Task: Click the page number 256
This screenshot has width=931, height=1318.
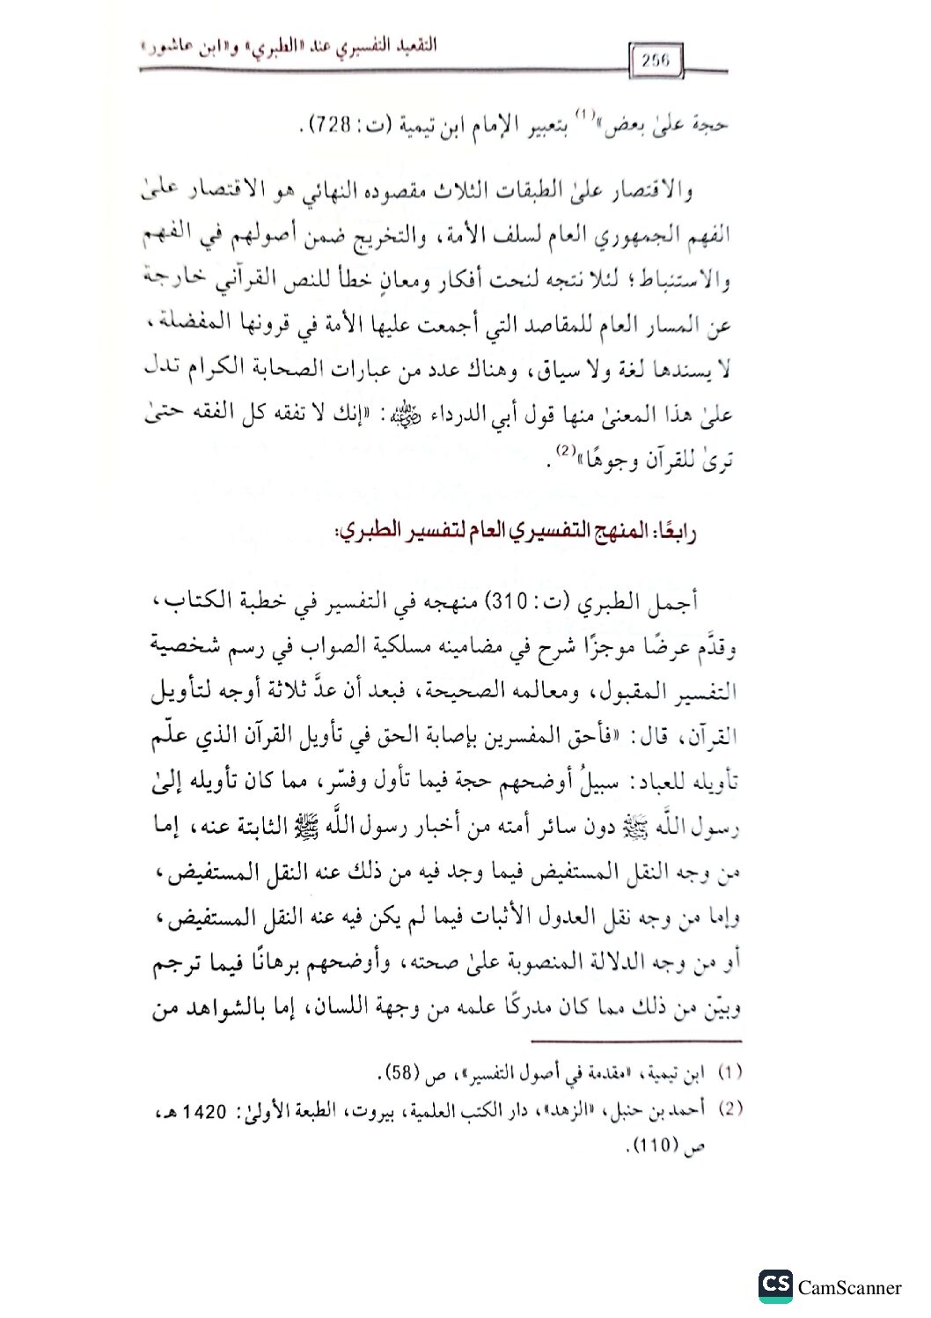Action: pyautogui.click(x=656, y=60)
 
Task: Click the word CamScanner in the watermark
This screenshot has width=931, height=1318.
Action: pyautogui.click(x=849, y=1287)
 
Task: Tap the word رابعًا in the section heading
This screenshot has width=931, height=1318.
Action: pyautogui.click(x=675, y=533)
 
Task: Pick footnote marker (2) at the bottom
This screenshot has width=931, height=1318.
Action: pyautogui.click(x=729, y=1109)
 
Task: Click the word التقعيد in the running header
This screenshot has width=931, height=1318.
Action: pyautogui.click(x=407, y=47)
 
